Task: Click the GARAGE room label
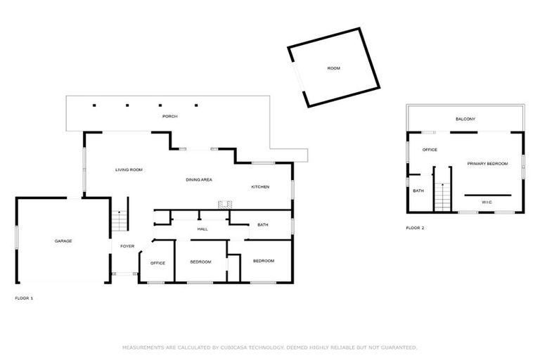[x=63, y=241]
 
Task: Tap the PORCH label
[x=169, y=116]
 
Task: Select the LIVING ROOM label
[x=129, y=169]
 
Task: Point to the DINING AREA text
[x=199, y=180]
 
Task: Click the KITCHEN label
[x=260, y=186]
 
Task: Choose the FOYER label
[x=127, y=246]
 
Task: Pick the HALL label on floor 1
[x=202, y=229]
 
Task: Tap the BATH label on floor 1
[x=263, y=225]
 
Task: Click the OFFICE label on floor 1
[x=157, y=263]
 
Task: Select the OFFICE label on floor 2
[x=430, y=150]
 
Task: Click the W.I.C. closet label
[x=487, y=202]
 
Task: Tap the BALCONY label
[x=465, y=119]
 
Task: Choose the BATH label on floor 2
[x=418, y=191]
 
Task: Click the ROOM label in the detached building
[x=333, y=68]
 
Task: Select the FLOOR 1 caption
[x=24, y=298]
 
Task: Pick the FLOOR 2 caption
[x=415, y=228]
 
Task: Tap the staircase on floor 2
[x=442, y=195]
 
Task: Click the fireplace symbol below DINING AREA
[x=224, y=205]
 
